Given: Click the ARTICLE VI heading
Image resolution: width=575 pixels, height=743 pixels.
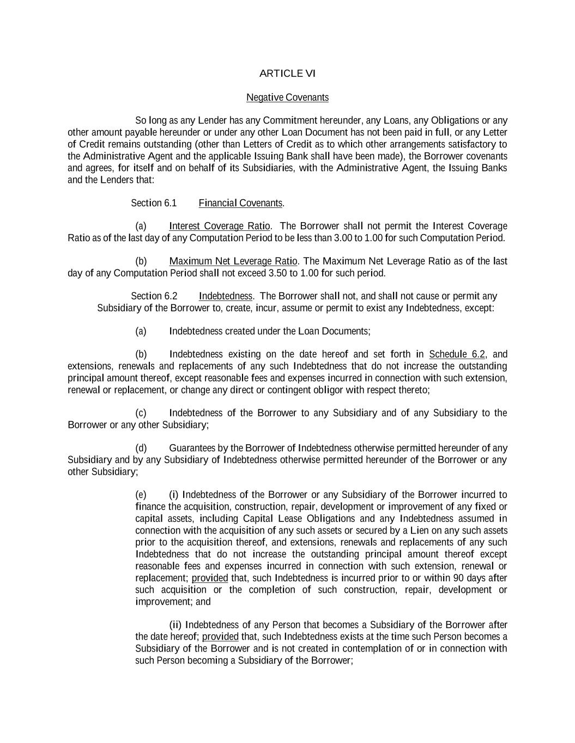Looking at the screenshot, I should (287, 73).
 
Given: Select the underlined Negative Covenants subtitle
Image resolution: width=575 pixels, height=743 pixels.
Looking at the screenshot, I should (287, 97).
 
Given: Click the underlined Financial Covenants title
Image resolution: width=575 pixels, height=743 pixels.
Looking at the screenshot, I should (240, 203).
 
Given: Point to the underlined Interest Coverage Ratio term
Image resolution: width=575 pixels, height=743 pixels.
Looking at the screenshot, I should (219, 226).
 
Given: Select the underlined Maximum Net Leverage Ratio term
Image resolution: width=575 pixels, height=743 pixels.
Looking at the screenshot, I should (233, 261).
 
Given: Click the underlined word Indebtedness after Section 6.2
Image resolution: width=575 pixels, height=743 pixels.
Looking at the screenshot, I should (226, 296).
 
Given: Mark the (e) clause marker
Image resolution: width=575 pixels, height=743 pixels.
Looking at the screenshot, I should (141, 495).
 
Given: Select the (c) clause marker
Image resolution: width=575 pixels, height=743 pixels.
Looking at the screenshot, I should (141, 413).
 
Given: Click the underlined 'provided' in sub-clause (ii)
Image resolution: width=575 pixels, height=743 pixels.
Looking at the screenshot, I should (220, 637).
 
